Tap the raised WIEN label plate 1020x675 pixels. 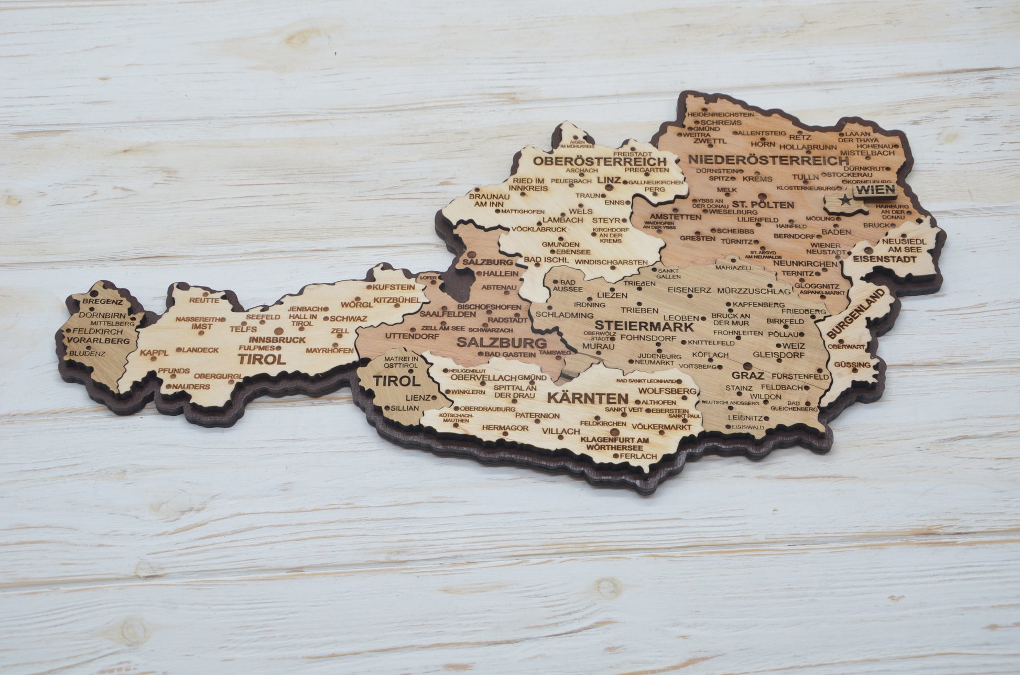(874, 190)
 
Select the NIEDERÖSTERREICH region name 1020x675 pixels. (768, 160)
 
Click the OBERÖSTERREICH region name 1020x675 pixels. (600, 161)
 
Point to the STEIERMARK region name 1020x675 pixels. (644, 326)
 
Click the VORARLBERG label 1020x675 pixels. (98, 340)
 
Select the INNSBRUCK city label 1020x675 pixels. (277, 339)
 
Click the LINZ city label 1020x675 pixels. (609, 180)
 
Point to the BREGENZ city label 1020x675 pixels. (103, 302)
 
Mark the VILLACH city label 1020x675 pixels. (561, 431)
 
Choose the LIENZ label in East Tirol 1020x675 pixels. (418, 397)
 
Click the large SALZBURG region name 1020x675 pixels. (501, 344)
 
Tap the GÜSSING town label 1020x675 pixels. (852, 364)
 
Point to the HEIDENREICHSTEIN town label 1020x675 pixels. (720, 114)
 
